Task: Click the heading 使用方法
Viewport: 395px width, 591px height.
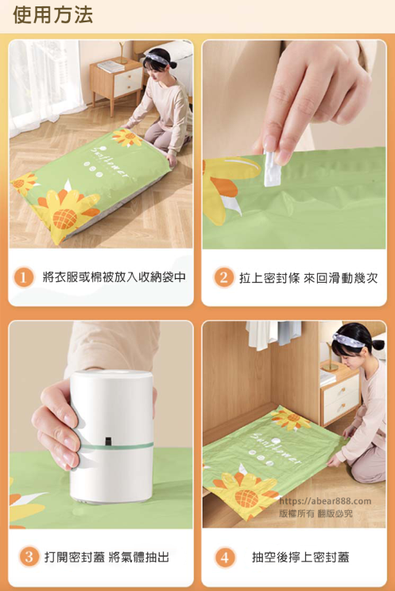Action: (52, 15)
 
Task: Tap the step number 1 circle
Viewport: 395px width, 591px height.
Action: (23, 277)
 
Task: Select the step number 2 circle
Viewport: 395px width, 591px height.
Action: (223, 277)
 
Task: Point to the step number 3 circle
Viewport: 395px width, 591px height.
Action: (29, 557)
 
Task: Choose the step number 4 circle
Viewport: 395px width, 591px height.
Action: (225, 557)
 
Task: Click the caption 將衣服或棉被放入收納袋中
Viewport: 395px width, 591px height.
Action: (114, 277)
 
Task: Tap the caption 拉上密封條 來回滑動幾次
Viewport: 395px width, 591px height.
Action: (308, 278)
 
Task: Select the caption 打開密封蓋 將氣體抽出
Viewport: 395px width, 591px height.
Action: (106, 557)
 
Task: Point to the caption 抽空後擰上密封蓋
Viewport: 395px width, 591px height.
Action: (300, 557)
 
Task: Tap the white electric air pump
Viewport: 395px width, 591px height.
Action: (112, 436)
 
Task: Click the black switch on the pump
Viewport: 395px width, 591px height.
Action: (108, 441)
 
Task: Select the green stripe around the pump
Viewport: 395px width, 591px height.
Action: (117, 446)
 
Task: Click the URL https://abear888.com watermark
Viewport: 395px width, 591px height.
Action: (325, 501)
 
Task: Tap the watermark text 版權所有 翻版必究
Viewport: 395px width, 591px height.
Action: (316, 513)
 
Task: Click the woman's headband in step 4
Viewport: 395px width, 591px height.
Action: (348, 340)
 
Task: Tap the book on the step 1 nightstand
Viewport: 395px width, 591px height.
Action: (111, 67)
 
